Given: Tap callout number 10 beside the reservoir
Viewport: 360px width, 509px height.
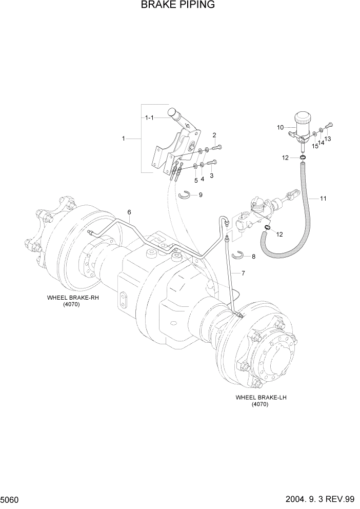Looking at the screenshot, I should pyautogui.click(x=280, y=127).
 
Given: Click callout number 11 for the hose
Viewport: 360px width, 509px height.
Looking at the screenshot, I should pyautogui.click(x=323, y=198).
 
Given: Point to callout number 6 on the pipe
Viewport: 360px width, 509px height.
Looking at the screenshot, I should pyautogui.click(x=129, y=212).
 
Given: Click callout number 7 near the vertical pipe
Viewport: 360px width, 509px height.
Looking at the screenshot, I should pyautogui.click(x=243, y=273).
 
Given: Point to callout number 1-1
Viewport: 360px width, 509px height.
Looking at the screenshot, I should pyautogui.click(x=149, y=118).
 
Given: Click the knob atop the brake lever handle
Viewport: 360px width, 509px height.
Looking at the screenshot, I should pyautogui.click(x=173, y=113).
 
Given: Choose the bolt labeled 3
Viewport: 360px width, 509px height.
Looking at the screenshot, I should pyautogui.click(x=211, y=163).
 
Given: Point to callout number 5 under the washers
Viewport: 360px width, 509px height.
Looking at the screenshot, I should pyautogui.click(x=195, y=180).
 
